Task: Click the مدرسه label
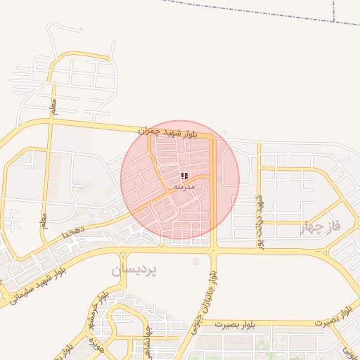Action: point(184,187)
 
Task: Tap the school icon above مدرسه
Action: point(184,176)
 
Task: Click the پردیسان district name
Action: point(134,269)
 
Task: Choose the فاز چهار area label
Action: point(320,227)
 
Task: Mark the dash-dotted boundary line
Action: point(267,13)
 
